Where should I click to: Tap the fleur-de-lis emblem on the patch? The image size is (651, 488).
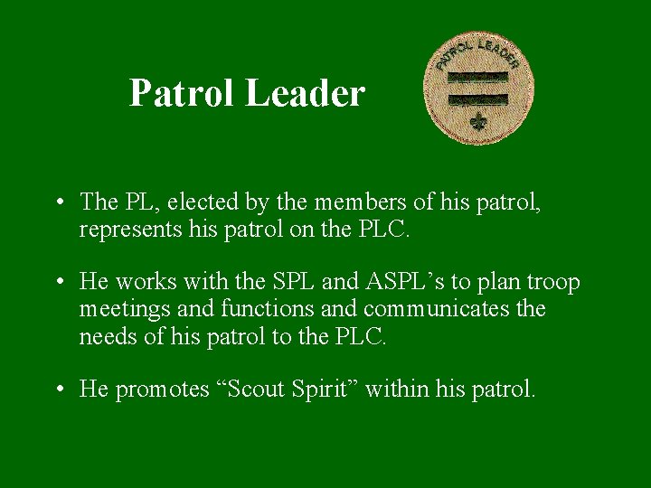[x=478, y=122]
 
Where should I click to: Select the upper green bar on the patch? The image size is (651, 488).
[x=477, y=78]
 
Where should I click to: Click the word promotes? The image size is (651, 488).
[x=162, y=389]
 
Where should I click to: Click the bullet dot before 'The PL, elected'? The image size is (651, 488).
[x=58, y=202]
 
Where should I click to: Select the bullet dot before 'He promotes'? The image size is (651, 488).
[x=58, y=389]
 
